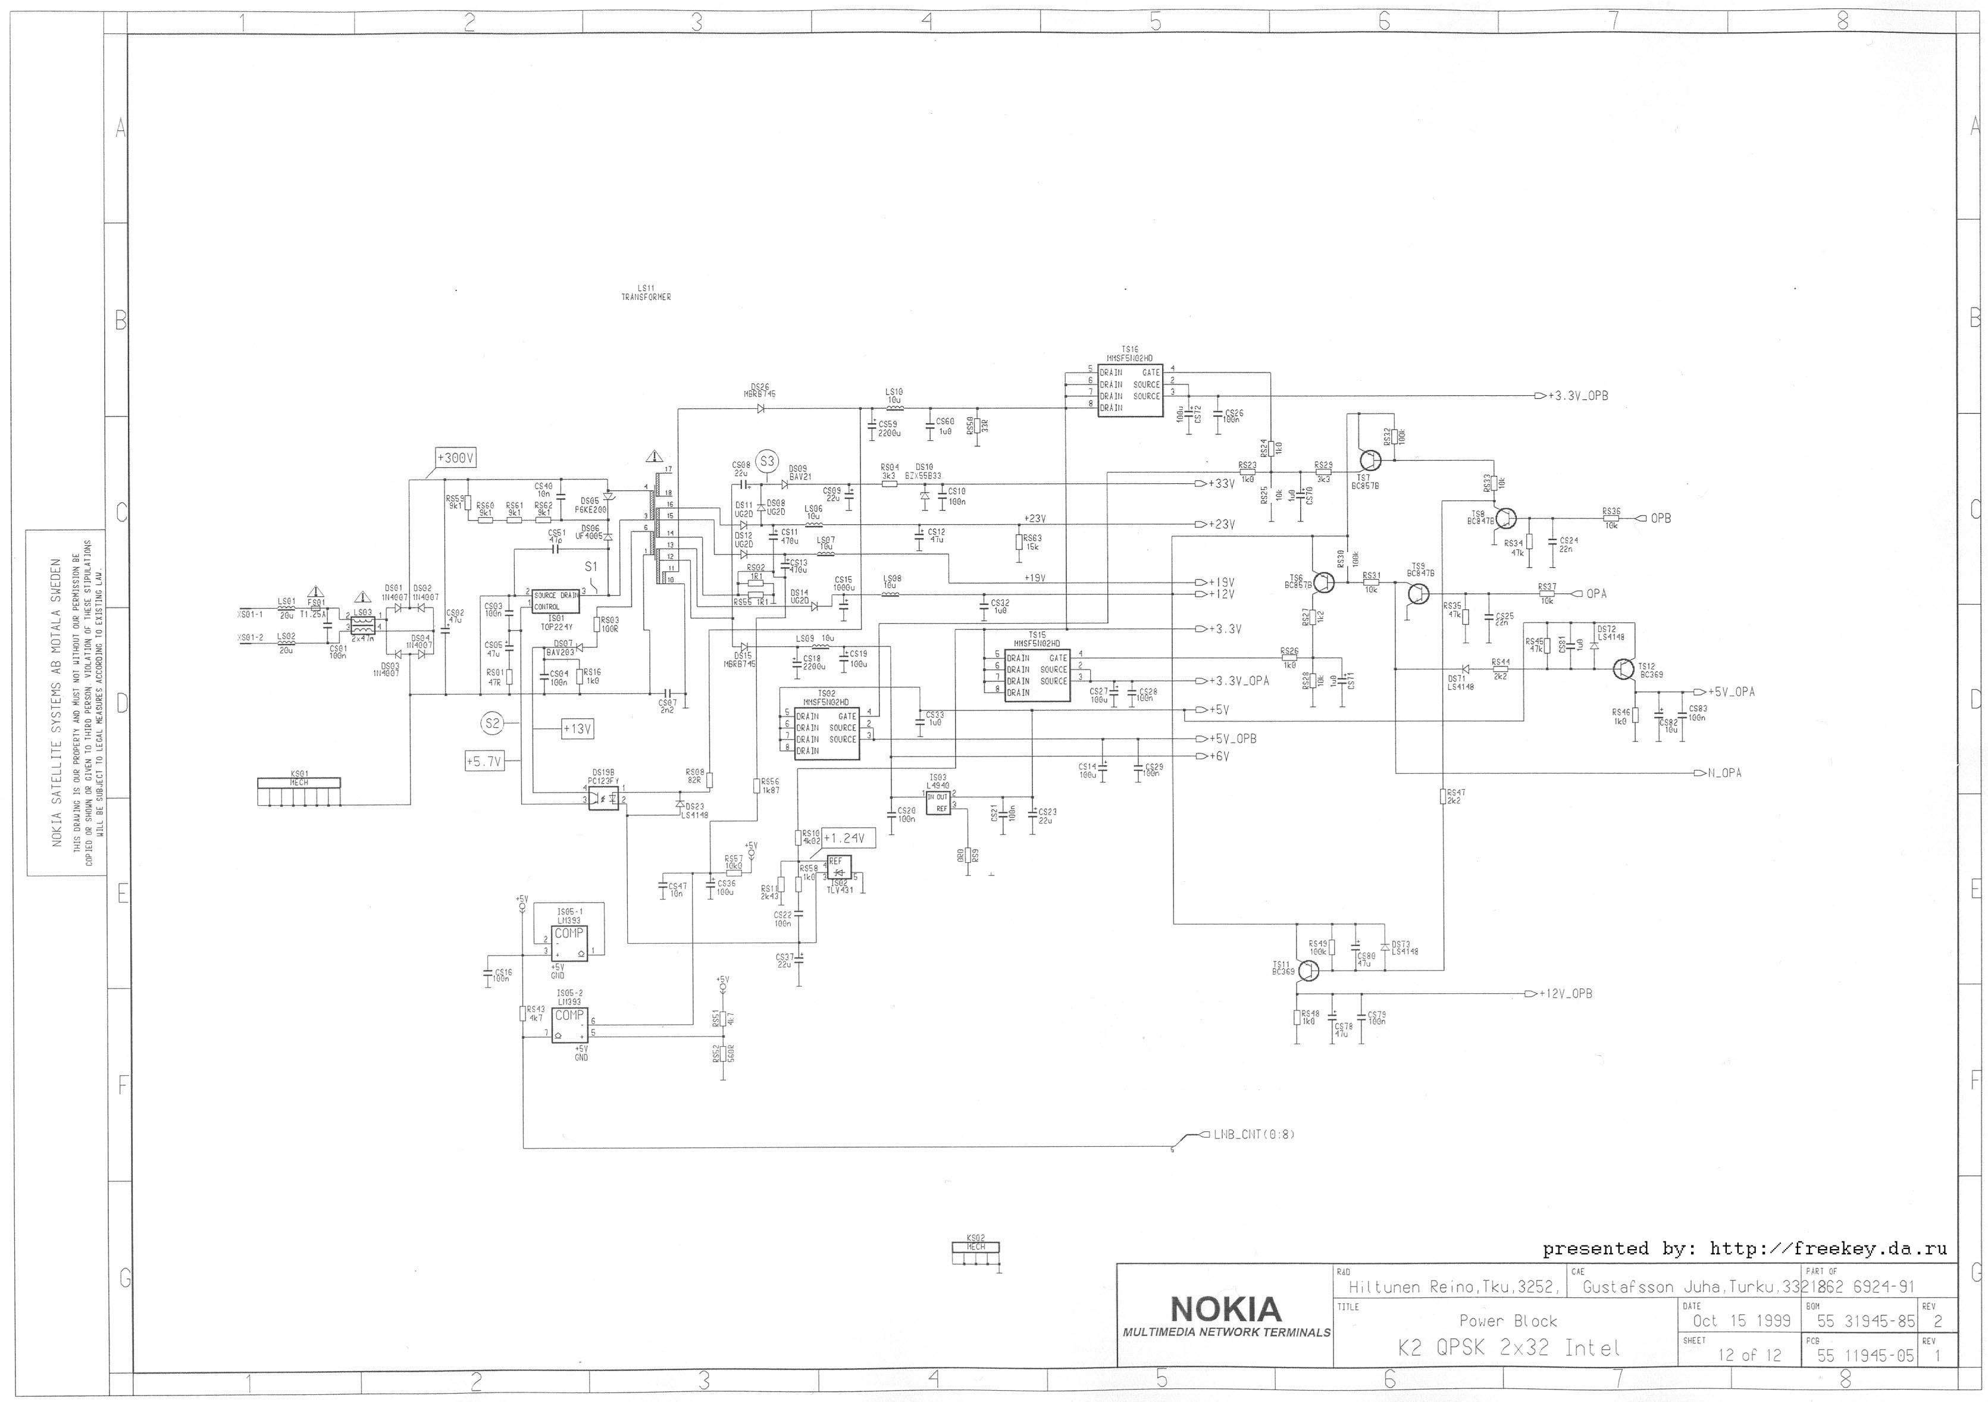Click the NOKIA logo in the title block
click(1225, 1307)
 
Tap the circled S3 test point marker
click(767, 462)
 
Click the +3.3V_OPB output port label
click(1577, 396)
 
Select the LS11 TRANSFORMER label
click(646, 293)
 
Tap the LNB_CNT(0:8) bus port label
click(1253, 1134)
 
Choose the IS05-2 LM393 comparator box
click(569, 1025)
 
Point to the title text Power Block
click(1507, 1320)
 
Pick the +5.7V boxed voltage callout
click(483, 762)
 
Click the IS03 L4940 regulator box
click(938, 802)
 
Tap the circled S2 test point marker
click(492, 723)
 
